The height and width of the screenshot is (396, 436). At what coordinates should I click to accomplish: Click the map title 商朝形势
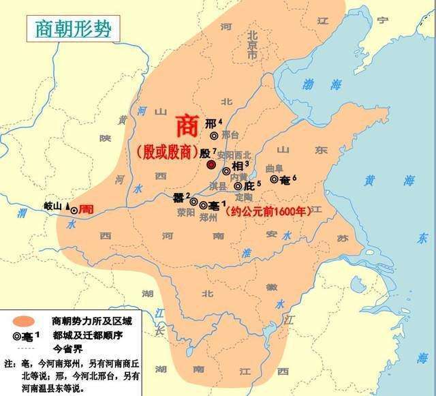tap(72, 29)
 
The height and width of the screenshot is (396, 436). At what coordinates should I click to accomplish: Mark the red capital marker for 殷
tap(211, 165)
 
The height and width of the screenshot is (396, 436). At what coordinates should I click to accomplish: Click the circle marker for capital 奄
tap(275, 179)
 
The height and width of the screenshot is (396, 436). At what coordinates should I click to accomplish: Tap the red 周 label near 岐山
tap(86, 209)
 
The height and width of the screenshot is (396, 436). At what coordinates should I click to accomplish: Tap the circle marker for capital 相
tap(226, 170)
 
